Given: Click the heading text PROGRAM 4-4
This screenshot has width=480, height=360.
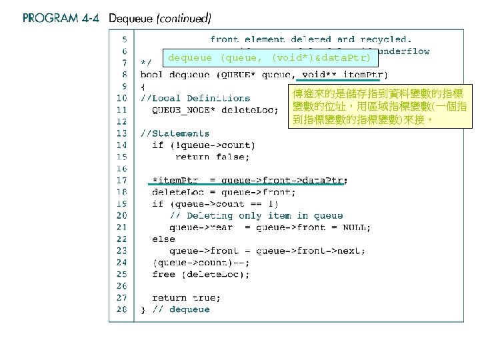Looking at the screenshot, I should [x=61, y=18].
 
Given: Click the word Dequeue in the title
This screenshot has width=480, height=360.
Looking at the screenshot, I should [x=131, y=18].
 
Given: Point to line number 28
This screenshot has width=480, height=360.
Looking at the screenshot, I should [x=121, y=309].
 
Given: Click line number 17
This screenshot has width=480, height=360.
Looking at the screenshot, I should [x=121, y=180].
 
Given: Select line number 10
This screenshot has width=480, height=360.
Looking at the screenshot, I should [x=121, y=98].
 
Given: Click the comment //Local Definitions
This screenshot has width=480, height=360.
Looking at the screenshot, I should [x=195, y=98].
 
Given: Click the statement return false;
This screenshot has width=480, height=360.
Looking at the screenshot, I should [x=213, y=157].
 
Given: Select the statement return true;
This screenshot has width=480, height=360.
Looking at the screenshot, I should [x=186, y=297].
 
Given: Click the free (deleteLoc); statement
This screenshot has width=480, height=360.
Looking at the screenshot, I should [x=201, y=274].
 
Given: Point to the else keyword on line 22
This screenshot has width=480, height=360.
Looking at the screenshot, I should [x=163, y=239].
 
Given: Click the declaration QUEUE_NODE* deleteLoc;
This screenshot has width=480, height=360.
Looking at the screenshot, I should [x=215, y=110].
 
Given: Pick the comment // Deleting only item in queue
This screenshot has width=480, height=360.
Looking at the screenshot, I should [x=256, y=215].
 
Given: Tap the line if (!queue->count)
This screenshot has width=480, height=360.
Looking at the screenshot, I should [x=203, y=145].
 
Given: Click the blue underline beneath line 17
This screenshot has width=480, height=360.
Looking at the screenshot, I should [x=246, y=185].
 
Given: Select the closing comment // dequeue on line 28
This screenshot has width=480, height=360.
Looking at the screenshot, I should [x=182, y=309].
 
